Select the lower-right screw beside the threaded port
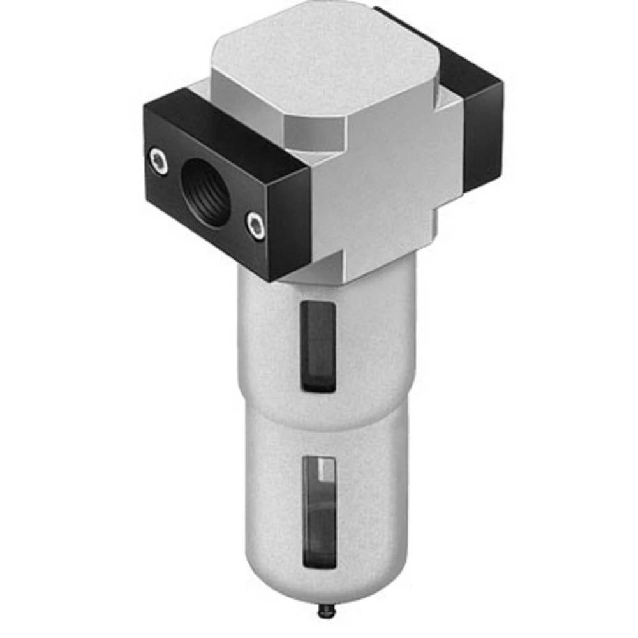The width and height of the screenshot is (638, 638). tap(256, 226)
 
